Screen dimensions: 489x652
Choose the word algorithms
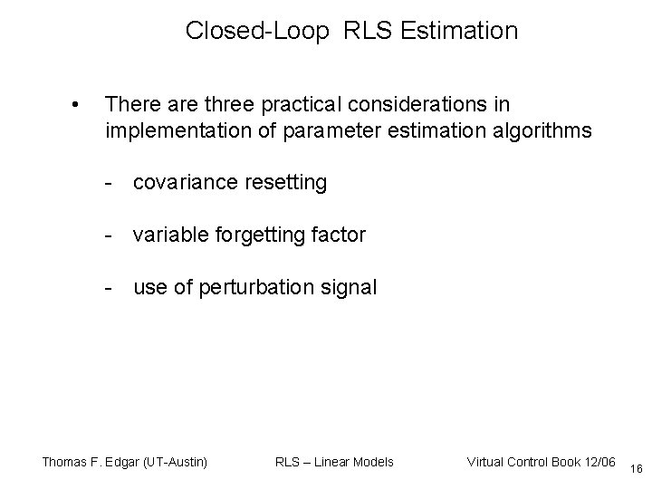(541, 131)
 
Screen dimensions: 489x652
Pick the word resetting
(283, 183)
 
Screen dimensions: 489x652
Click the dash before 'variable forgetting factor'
(108, 235)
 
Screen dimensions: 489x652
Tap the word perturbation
(264, 288)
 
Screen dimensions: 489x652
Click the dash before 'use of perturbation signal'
(108, 288)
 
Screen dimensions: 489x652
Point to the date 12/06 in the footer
(599, 462)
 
